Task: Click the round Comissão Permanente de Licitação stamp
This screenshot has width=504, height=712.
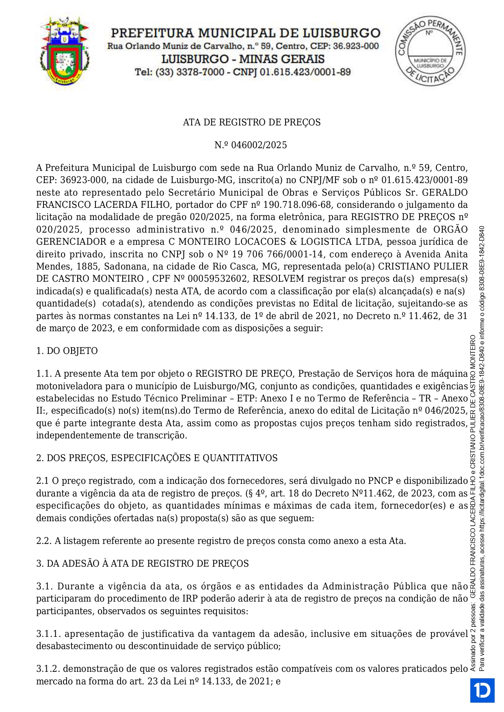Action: point(430,51)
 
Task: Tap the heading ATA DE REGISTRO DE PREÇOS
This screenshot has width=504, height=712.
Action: point(252,122)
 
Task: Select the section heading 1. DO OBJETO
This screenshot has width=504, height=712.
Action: point(67,351)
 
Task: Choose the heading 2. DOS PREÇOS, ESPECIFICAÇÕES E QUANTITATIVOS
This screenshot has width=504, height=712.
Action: point(157,458)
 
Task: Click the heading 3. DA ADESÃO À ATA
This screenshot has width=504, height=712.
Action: point(142,563)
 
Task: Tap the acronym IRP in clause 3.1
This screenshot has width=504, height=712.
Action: point(190,599)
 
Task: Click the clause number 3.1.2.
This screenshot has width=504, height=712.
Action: point(48,669)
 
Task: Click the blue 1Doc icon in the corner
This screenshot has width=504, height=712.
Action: point(482,690)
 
